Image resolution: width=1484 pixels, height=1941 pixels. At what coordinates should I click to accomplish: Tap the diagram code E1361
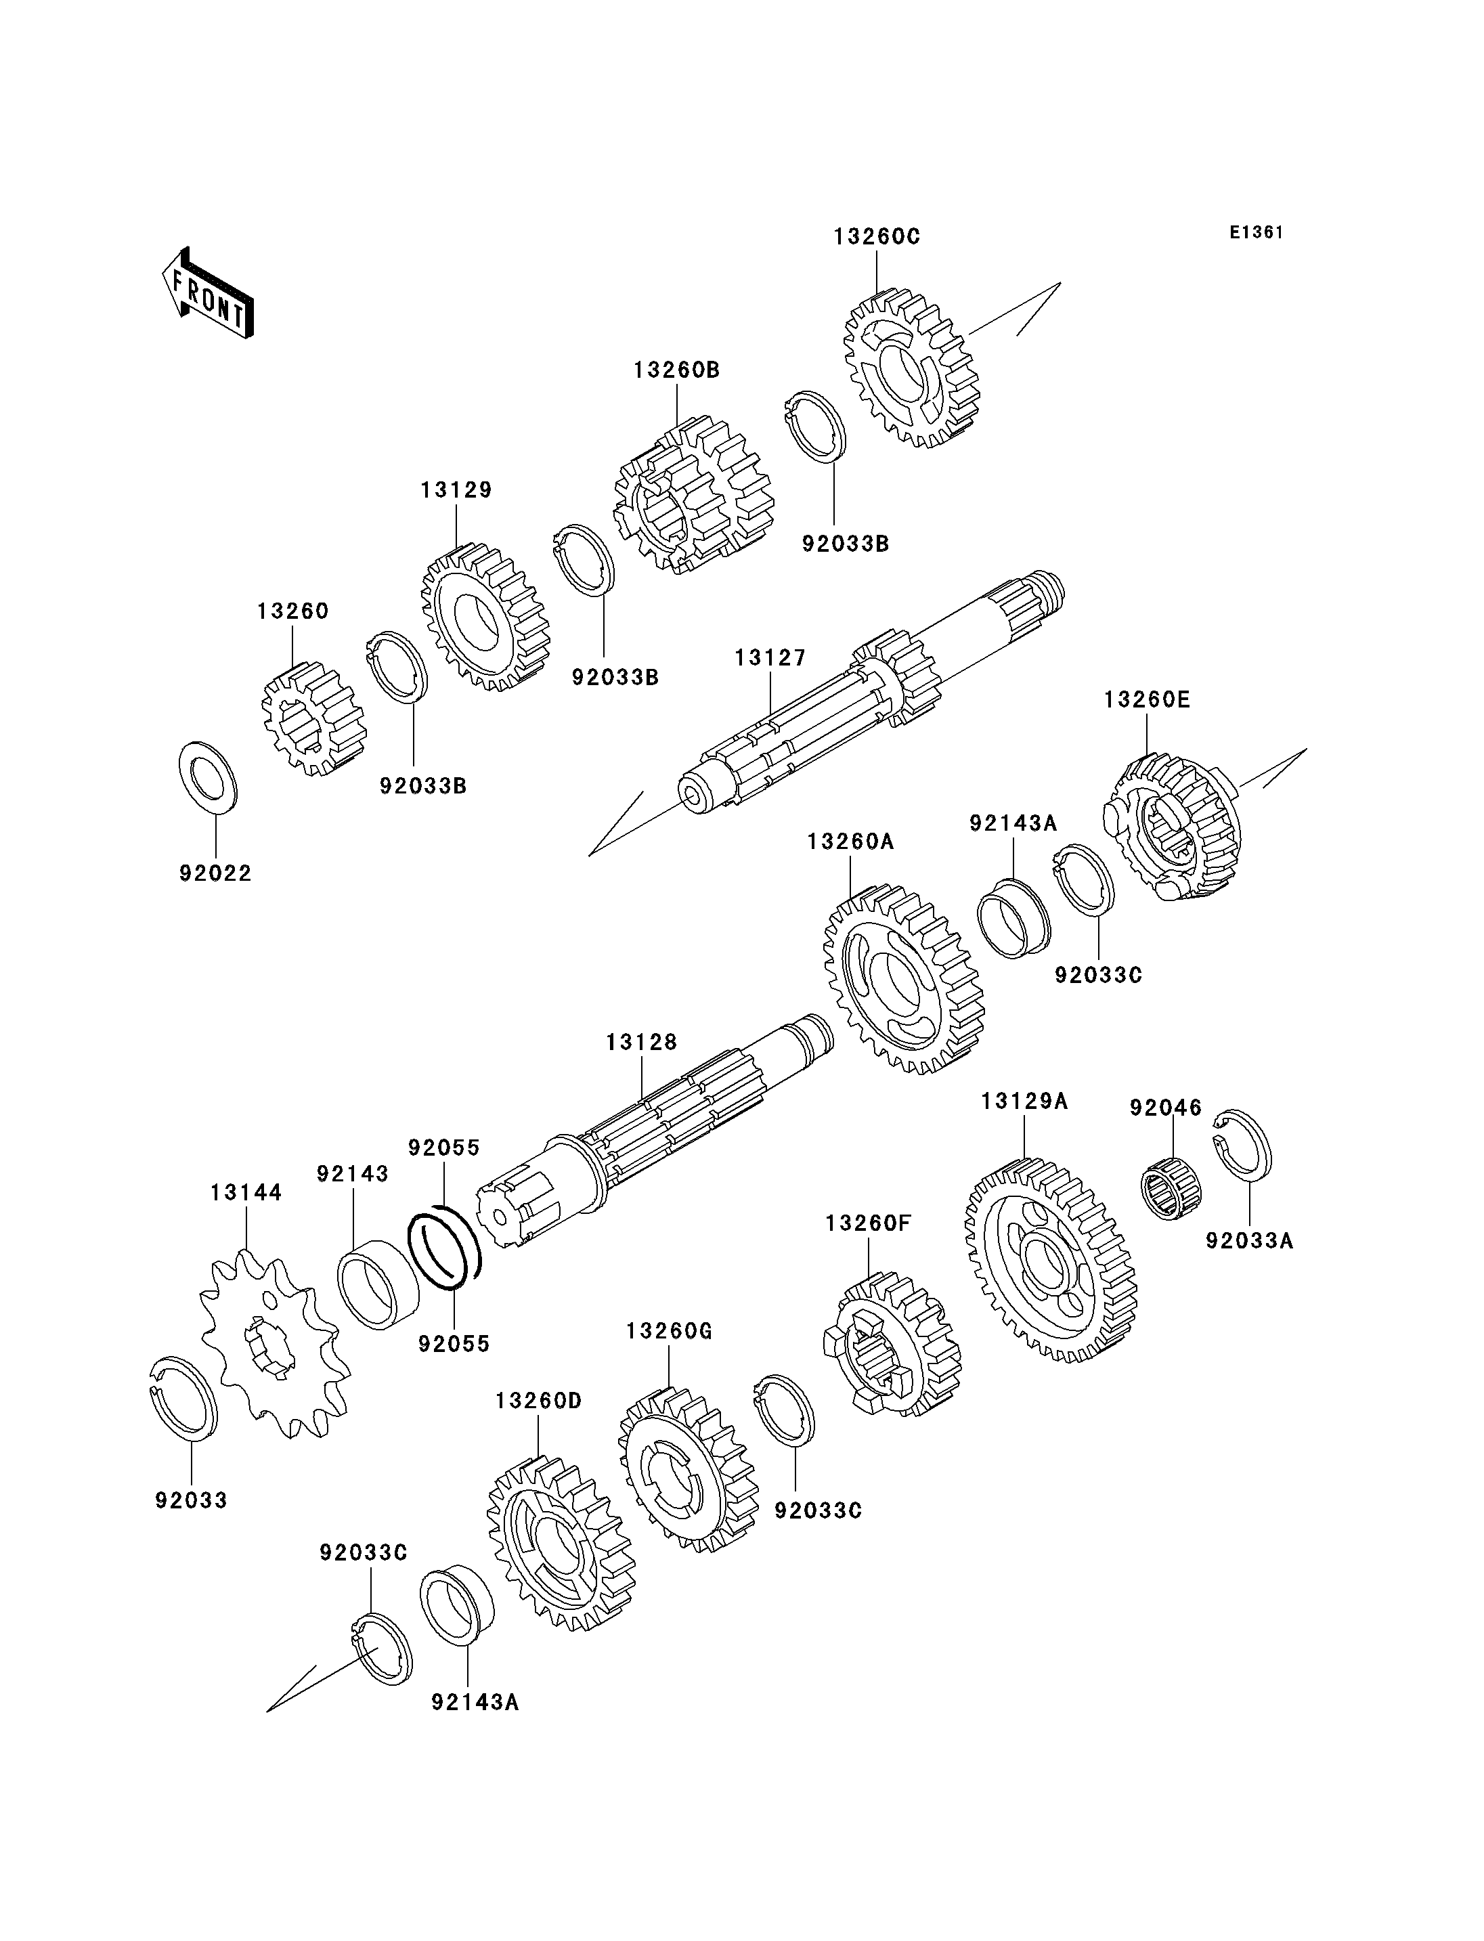tap(1256, 232)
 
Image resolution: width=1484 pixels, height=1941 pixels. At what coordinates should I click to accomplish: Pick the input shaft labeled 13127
tap(872, 691)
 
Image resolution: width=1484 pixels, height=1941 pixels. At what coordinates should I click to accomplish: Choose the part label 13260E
tap(1147, 700)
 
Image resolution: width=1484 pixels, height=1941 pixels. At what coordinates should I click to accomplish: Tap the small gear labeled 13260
tap(313, 719)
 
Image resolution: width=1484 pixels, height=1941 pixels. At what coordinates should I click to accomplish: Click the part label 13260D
tap(539, 1401)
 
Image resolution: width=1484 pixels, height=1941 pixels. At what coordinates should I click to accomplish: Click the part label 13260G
tap(669, 1330)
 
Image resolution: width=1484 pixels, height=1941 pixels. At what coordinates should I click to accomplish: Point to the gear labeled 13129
tap(486, 617)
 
